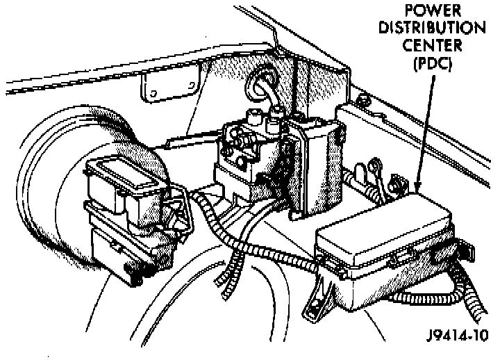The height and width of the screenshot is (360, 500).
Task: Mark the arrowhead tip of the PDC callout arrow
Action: (x=417, y=189)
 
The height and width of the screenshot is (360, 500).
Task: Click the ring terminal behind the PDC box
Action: (x=376, y=167)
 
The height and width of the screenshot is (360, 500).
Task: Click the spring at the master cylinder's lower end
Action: (x=136, y=276)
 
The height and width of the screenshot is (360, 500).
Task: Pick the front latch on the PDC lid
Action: (x=401, y=259)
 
